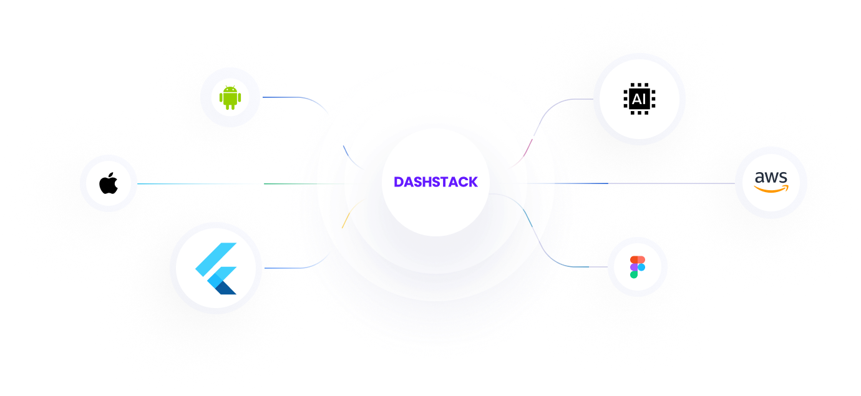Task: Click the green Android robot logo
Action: pos(230,97)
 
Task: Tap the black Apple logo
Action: pos(109,184)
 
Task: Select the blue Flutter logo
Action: pos(216,268)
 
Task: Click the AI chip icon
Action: pos(639,99)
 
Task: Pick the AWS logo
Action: pos(771,182)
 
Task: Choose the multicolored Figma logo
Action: pos(637,266)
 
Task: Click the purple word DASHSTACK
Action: pos(435,182)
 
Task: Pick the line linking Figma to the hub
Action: pos(586,267)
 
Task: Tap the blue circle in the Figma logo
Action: pos(641,267)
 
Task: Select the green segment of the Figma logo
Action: pos(634,274)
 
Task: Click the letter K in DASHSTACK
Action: pos(473,182)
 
